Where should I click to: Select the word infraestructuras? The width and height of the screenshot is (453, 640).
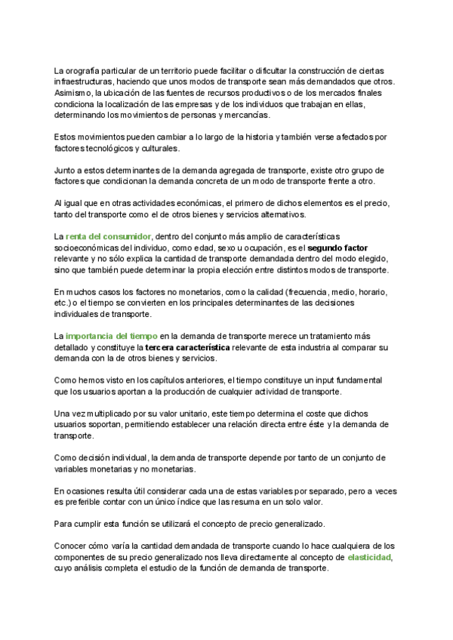pyautogui.click(x=82, y=81)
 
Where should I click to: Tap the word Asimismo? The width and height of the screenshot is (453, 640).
pyautogui.click(x=73, y=92)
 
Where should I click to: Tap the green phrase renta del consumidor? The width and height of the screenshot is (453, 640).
pyautogui.click(x=108, y=236)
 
